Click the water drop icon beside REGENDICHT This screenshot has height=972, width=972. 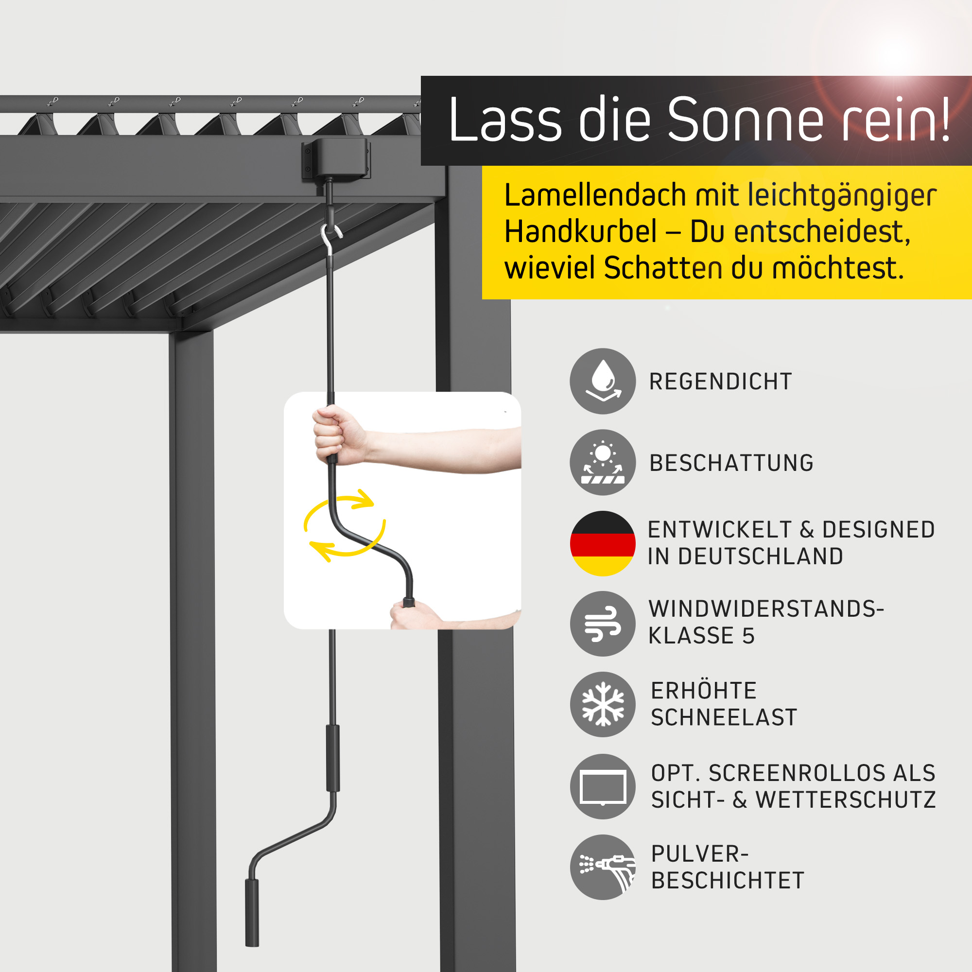coord(603,382)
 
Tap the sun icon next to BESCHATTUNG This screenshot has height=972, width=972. coord(603,462)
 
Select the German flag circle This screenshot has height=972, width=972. coord(603,543)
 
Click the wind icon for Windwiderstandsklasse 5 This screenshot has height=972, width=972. coord(603,624)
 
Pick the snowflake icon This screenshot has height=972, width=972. coord(603,704)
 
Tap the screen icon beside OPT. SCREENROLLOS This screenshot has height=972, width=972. coord(603,786)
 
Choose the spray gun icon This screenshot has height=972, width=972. coord(603,867)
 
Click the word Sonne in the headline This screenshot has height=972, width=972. coord(745,120)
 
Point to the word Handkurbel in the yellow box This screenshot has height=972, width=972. coord(581,232)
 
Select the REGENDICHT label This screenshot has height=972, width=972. coord(720,382)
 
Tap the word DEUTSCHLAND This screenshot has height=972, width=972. coord(760,556)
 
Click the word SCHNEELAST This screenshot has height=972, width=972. coord(724,717)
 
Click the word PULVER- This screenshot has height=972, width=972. coord(700,854)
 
